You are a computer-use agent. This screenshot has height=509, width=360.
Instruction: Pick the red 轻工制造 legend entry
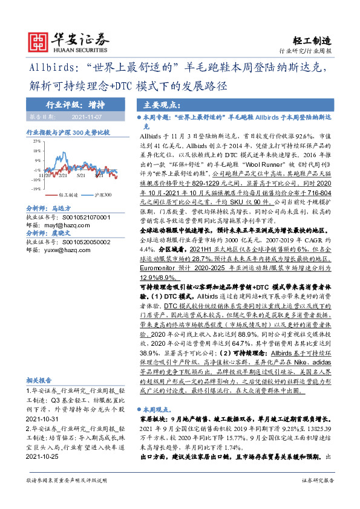click(67, 196)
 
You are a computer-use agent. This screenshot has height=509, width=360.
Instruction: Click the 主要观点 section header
click(157, 103)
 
